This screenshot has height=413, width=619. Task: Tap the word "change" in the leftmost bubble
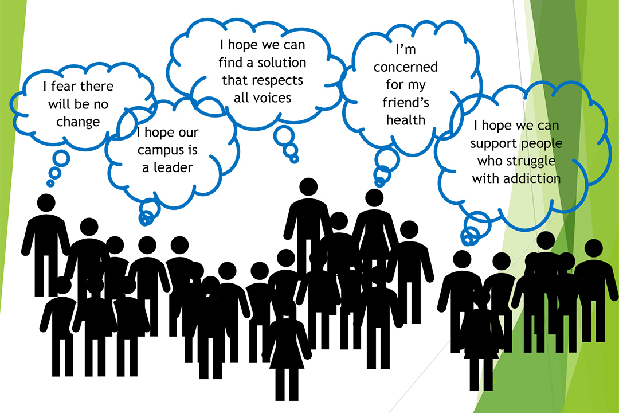point(78,122)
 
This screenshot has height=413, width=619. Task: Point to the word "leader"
point(173,167)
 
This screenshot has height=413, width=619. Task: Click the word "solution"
point(282,63)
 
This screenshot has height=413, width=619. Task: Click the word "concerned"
point(405,67)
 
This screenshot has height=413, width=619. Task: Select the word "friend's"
point(405,102)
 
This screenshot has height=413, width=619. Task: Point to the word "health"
point(405,120)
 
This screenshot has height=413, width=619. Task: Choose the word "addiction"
point(532,178)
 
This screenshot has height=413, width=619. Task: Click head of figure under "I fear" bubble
point(46,202)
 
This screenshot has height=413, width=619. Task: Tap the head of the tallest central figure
point(308,187)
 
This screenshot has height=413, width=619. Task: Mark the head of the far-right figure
point(593,248)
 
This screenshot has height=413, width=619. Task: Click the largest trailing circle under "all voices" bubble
point(284,135)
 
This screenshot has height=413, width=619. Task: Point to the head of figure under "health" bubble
point(374,198)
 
